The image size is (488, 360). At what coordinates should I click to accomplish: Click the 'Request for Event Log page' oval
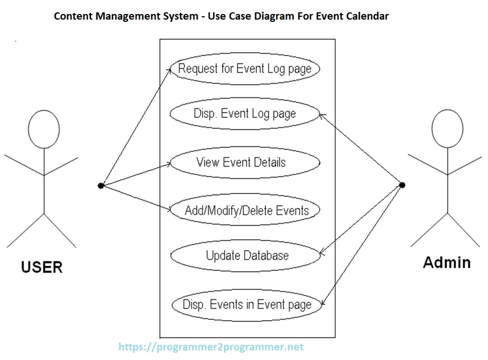(x=245, y=69)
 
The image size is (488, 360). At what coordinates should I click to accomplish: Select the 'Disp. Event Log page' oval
(x=245, y=114)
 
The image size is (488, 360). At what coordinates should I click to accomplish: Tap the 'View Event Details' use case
(x=245, y=163)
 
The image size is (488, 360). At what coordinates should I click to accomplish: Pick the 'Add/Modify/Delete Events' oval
(x=245, y=211)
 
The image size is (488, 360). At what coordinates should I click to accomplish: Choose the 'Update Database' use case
(x=245, y=256)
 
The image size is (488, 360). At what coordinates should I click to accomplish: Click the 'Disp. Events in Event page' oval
(x=247, y=304)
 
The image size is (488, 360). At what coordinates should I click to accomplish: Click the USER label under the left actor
(x=42, y=267)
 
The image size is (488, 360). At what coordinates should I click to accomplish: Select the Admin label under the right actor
(x=446, y=262)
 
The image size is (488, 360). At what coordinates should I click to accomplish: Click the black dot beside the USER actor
(x=101, y=185)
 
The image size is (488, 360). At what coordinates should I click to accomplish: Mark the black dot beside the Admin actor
(x=402, y=184)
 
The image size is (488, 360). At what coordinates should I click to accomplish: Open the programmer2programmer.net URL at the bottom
(x=211, y=347)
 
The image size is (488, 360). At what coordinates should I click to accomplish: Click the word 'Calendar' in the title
(x=367, y=16)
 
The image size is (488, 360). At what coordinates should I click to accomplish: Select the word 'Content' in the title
(x=72, y=16)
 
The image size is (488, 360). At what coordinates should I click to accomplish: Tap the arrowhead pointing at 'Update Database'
(x=321, y=255)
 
